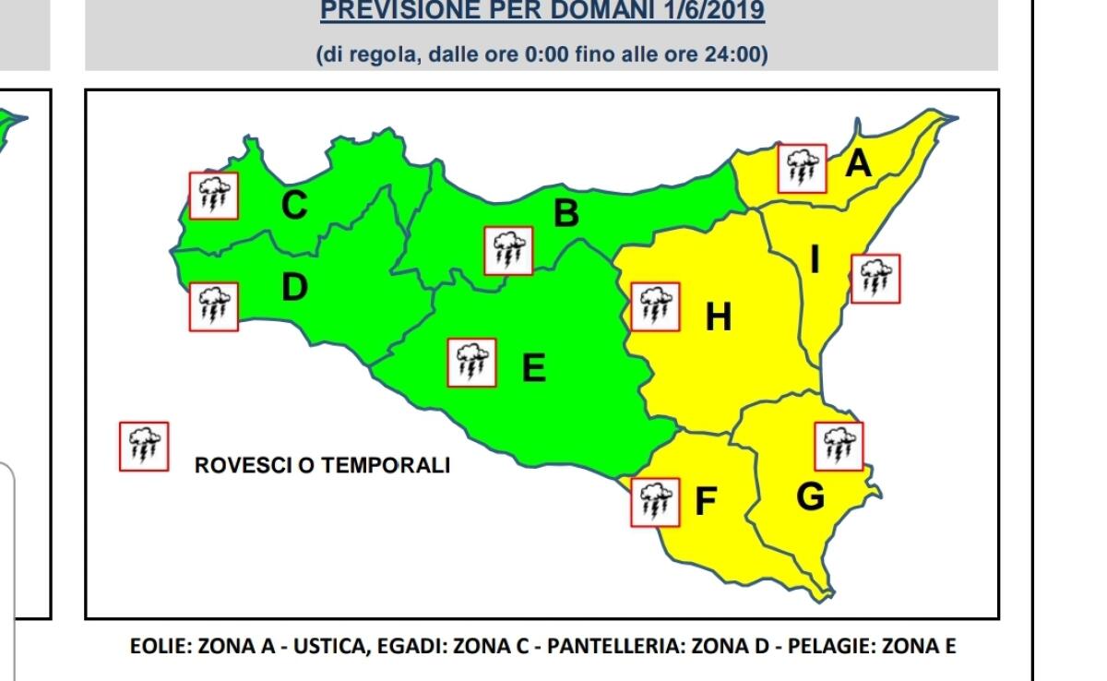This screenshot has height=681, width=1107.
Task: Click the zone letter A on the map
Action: pyautogui.click(x=858, y=164)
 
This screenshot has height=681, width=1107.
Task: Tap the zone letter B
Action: pyautogui.click(x=565, y=214)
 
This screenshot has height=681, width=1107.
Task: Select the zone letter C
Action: pyautogui.click(x=293, y=206)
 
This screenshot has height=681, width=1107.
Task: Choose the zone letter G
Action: pyautogui.click(x=810, y=497)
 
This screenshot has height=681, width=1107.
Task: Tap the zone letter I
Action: pyautogui.click(x=815, y=261)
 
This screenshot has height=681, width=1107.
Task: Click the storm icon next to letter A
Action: pyautogui.click(x=802, y=169)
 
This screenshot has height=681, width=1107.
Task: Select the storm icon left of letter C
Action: pyautogui.click(x=214, y=196)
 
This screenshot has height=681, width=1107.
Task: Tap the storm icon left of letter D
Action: pyautogui.click(x=214, y=306)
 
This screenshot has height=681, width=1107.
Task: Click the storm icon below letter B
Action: pyautogui.click(x=508, y=250)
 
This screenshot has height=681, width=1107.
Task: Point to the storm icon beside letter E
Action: pyautogui.click(x=471, y=363)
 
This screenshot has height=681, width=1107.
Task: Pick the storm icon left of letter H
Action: pyautogui.click(x=656, y=306)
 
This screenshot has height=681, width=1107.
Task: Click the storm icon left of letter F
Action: pyautogui.click(x=655, y=502)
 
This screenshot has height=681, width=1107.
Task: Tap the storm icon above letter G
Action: pyautogui.click(x=839, y=446)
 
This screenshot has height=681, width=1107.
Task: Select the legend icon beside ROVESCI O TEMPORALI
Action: pyautogui.click(x=144, y=447)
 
